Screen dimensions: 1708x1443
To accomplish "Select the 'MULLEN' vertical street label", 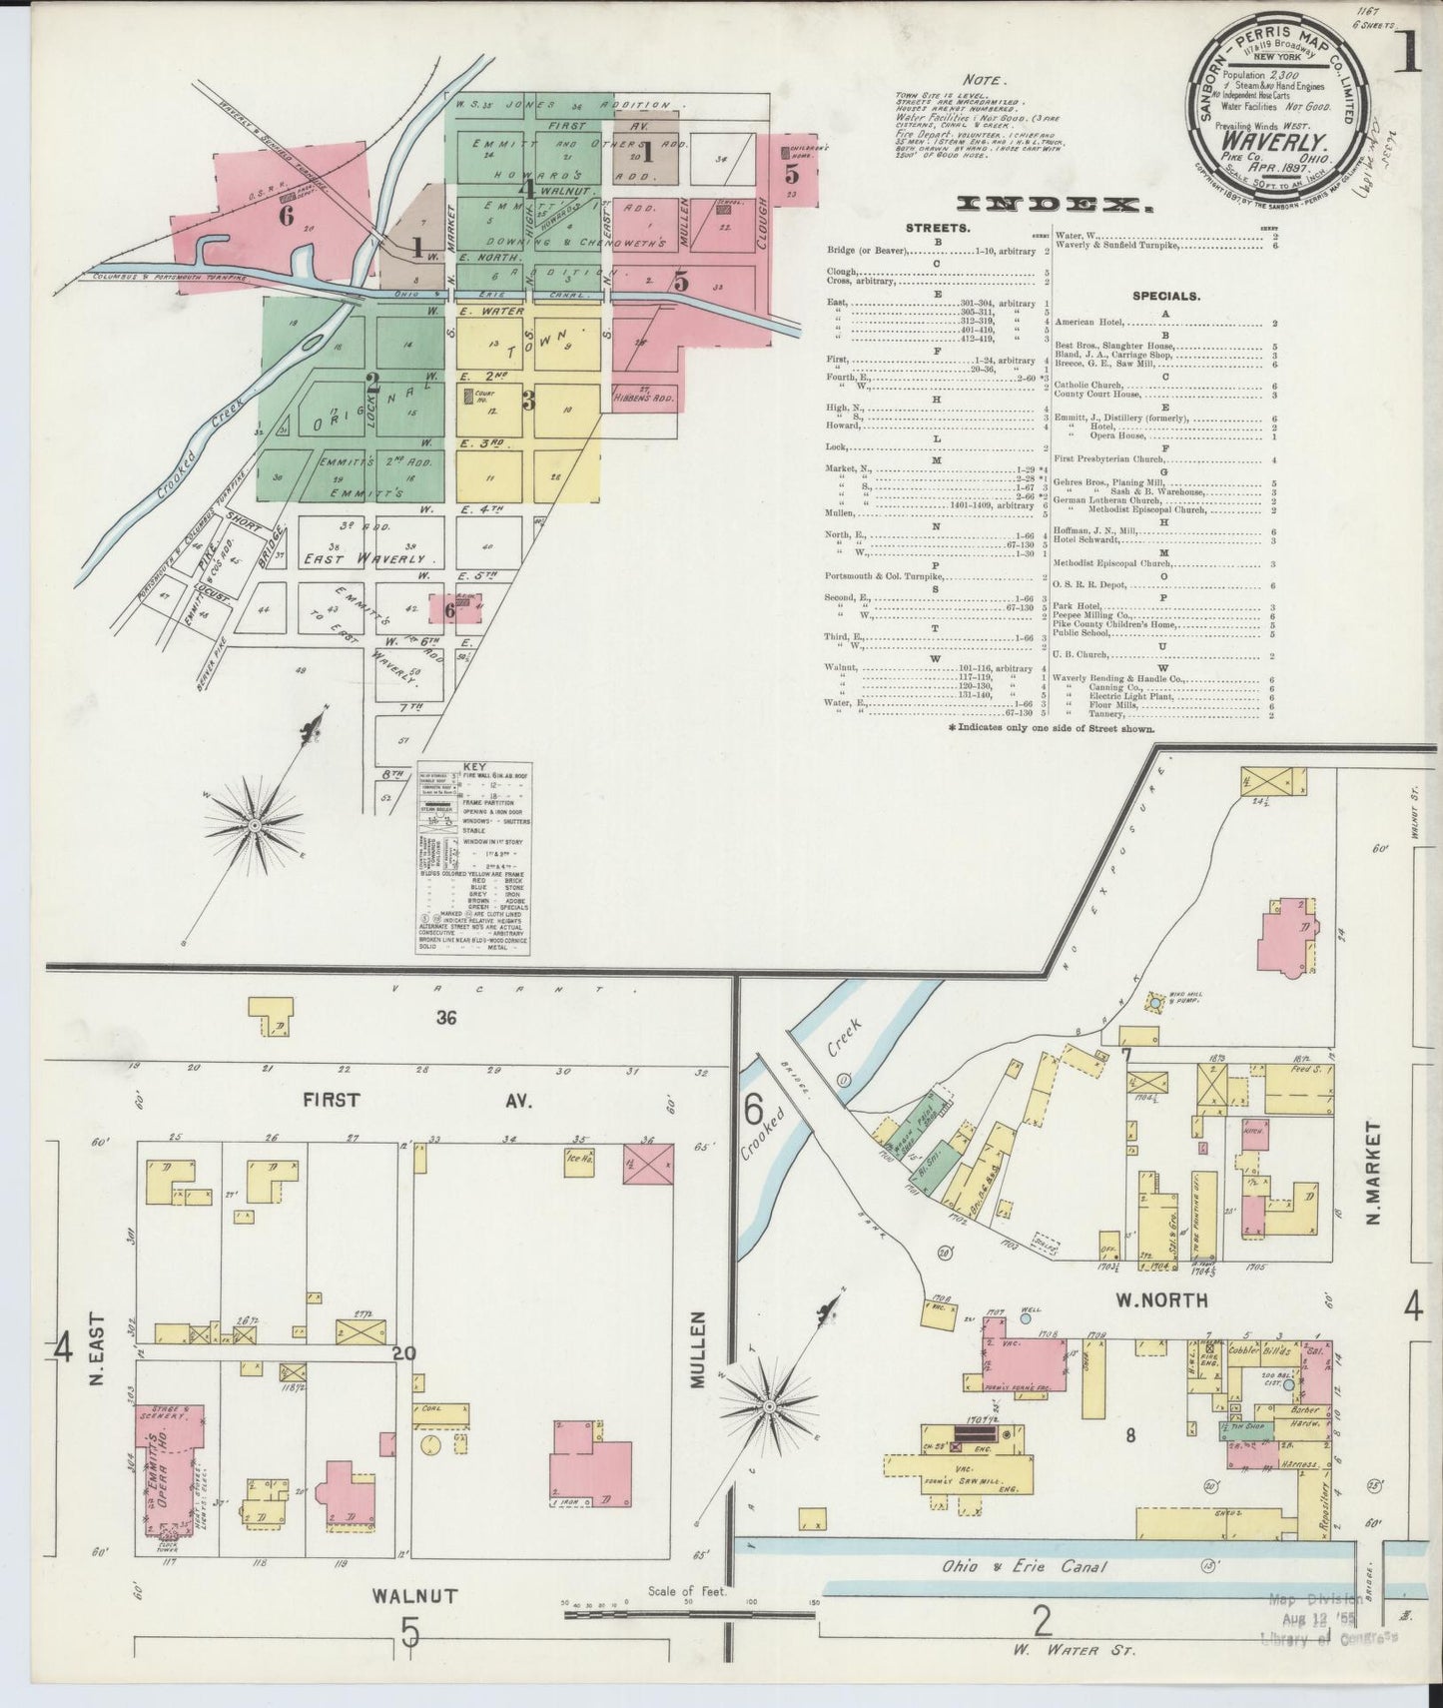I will click(697, 1349).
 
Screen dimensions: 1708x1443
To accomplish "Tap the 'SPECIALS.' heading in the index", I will click(1165, 296).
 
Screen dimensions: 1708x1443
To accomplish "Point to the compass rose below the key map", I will click(254, 825).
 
